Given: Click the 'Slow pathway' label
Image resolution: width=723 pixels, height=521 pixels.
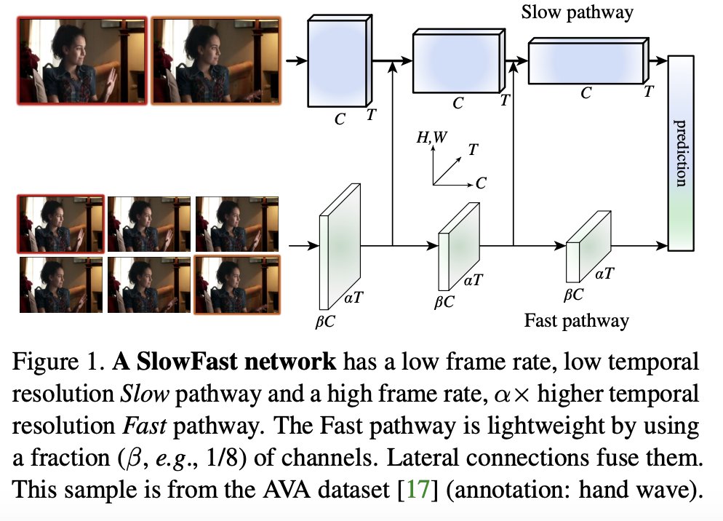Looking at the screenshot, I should [577, 12].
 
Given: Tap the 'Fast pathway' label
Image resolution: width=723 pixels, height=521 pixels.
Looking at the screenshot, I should [577, 319].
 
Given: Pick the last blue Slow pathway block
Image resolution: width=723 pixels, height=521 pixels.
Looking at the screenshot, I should [586, 63].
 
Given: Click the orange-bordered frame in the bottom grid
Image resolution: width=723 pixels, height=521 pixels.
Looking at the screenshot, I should [236, 285].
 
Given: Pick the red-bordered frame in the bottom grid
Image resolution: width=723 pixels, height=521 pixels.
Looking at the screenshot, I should [60, 223].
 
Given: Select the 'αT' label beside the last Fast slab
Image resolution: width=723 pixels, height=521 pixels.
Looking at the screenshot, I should [604, 274].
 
